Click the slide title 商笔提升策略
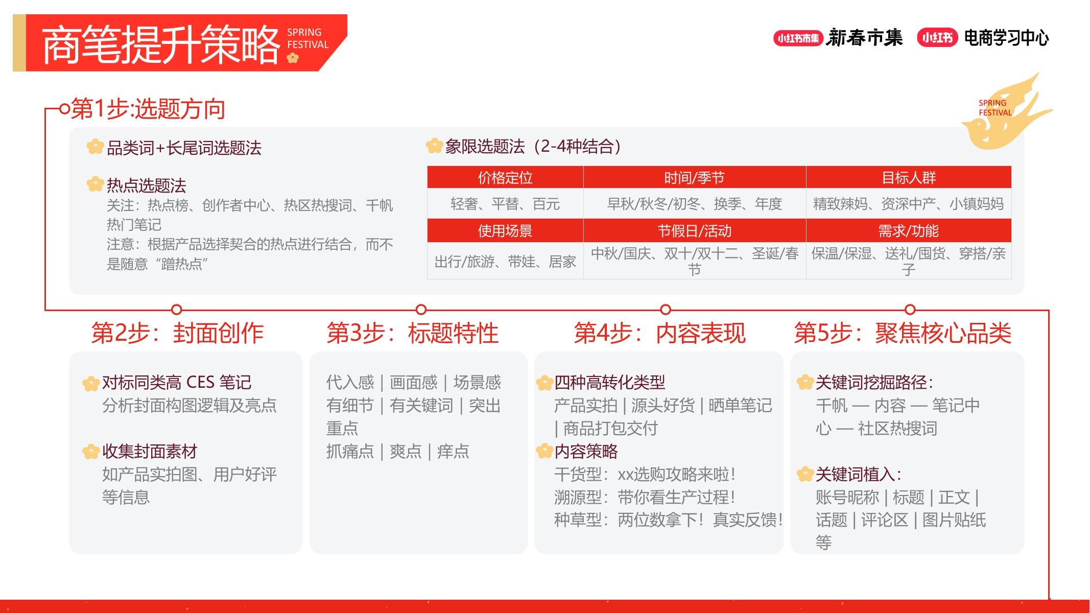coord(161,45)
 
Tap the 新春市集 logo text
coord(864,38)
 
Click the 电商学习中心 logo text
coord(1006,38)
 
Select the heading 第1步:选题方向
coord(148,109)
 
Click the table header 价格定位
coord(505,178)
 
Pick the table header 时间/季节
coord(694,178)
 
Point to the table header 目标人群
coord(908,178)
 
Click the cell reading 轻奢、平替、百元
coord(505,204)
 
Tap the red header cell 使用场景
coord(505,231)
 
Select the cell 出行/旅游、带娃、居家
coord(505,262)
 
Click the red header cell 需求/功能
coord(908,231)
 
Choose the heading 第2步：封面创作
coord(177,333)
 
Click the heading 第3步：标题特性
coord(412,333)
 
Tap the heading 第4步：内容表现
coord(659,333)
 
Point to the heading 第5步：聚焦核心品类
coord(903,333)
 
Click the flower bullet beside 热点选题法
coord(95,184)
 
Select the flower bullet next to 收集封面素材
coord(91,451)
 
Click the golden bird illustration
coord(1004,117)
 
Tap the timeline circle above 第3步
coord(421,310)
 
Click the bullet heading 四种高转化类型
coord(610,382)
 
